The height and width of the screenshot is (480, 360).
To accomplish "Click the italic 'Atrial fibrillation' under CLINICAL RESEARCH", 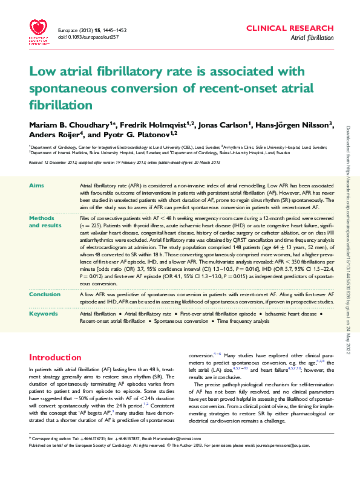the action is click(x=312, y=37).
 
